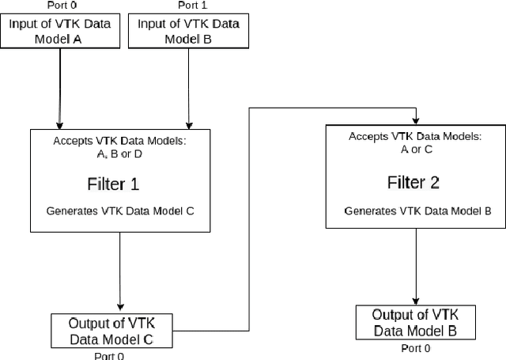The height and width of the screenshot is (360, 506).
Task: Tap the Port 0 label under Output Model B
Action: [x=416, y=348]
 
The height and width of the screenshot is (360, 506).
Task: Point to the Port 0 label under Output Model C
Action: [x=109, y=355]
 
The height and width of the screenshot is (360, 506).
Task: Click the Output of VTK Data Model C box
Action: [x=110, y=332]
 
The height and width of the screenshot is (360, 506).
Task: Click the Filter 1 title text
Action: [x=113, y=184]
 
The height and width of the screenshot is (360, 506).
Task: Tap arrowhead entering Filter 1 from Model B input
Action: [x=187, y=125]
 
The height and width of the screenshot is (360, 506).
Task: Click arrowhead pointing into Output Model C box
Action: [x=120, y=308]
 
